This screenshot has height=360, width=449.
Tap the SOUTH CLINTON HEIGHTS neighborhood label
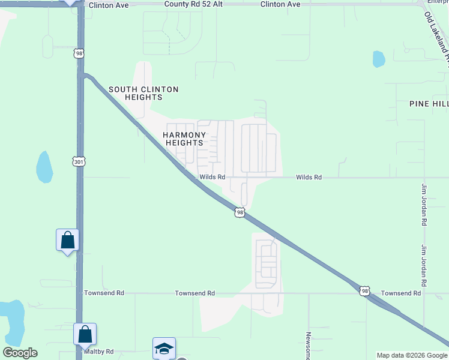point(143,93)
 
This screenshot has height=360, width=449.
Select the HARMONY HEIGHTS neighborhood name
point(184,139)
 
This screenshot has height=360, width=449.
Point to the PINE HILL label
point(429,104)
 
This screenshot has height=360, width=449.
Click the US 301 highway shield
point(79,161)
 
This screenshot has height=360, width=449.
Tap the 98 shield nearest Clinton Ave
point(79,53)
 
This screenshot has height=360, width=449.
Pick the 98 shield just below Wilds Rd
point(240,212)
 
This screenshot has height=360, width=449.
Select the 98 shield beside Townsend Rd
point(364,291)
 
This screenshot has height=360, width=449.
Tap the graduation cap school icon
point(164,348)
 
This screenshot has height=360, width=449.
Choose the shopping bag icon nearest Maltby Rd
point(85,334)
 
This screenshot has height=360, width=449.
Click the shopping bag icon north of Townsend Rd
point(67,240)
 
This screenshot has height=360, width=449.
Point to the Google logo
point(20,353)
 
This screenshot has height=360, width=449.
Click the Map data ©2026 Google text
point(411,355)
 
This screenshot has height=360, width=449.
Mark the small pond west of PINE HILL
point(379,59)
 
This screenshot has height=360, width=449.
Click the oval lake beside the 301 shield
point(44,166)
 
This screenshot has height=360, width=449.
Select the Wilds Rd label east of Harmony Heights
point(309,178)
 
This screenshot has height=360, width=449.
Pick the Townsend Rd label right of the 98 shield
point(401,293)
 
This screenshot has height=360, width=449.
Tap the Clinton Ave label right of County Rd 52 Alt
point(280,4)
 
